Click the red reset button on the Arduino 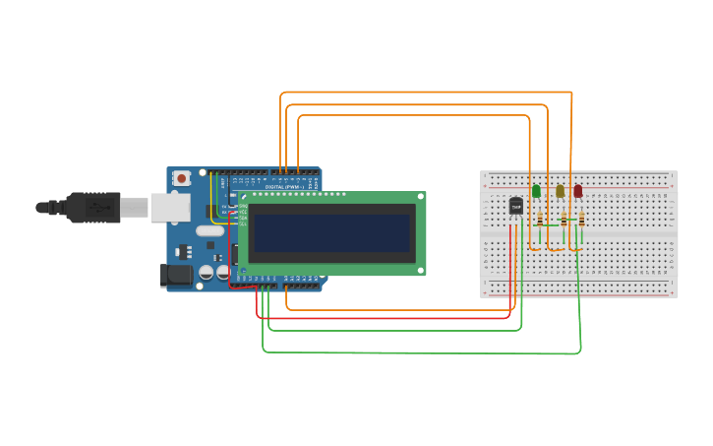pyautogui.click(x=181, y=178)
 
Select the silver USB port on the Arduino pyautogui.click(x=170, y=207)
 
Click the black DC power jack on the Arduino pyautogui.click(x=176, y=276)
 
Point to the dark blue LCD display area pyautogui.click(x=331, y=233)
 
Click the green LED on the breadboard pyautogui.click(x=536, y=191)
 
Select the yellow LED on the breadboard pyautogui.click(x=560, y=191)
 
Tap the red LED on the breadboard pyautogui.click(x=578, y=191)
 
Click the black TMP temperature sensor pyautogui.click(x=516, y=206)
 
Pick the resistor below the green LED pyautogui.click(x=540, y=221)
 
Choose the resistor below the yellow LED pyautogui.click(x=564, y=221)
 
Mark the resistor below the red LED pyautogui.click(x=582, y=221)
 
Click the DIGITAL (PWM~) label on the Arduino pyautogui.click(x=284, y=186)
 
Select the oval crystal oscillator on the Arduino pyautogui.click(x=209, y=231)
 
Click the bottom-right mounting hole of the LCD pyautogui.click(x=420, y=269)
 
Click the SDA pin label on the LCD pyautogui.click(x=243, y=218)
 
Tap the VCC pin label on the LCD pyautogui.click(x=243, y=212)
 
